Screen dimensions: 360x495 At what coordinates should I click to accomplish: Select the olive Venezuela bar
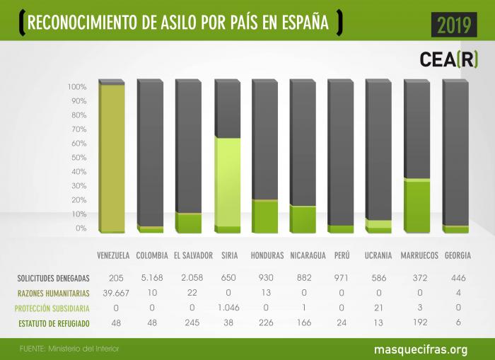coord(112,157)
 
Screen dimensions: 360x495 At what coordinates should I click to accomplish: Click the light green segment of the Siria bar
coord(228,181)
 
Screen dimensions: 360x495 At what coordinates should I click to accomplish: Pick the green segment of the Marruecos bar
coord(417,205)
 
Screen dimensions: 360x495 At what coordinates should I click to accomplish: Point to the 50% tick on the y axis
coord(77,158)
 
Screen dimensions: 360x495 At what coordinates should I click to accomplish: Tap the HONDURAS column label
coord(267,255)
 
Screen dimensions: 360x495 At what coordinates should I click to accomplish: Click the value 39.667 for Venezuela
coord(112,293)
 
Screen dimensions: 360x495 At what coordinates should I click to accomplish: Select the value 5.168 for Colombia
coord(151,278)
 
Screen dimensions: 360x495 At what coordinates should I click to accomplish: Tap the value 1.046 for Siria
coord(228,308)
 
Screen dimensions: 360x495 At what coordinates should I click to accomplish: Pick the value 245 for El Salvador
coord(190,323)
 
